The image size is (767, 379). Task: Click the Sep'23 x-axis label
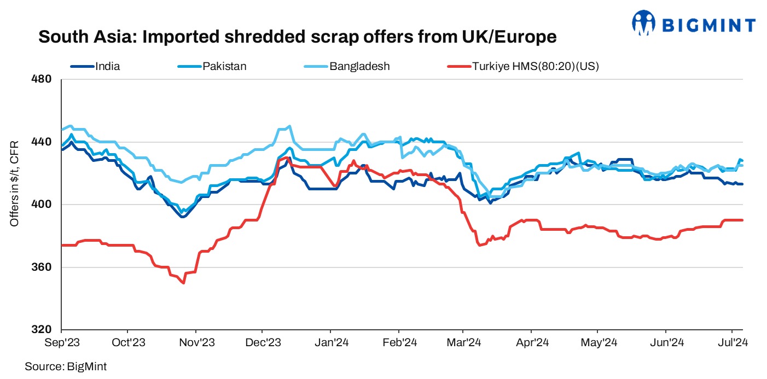click(61, 343)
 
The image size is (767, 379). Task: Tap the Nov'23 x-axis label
click(197, 343)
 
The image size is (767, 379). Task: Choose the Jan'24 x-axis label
click(330, 343)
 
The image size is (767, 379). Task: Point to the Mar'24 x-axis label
click(463, 343)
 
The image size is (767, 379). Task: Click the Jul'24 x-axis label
click(732, 343)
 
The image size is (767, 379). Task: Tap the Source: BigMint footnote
click(66, 366)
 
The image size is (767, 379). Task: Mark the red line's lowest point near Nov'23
click(183, 283)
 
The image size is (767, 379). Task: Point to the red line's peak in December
click(286, 158)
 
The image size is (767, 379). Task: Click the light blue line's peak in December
click(289, 126)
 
